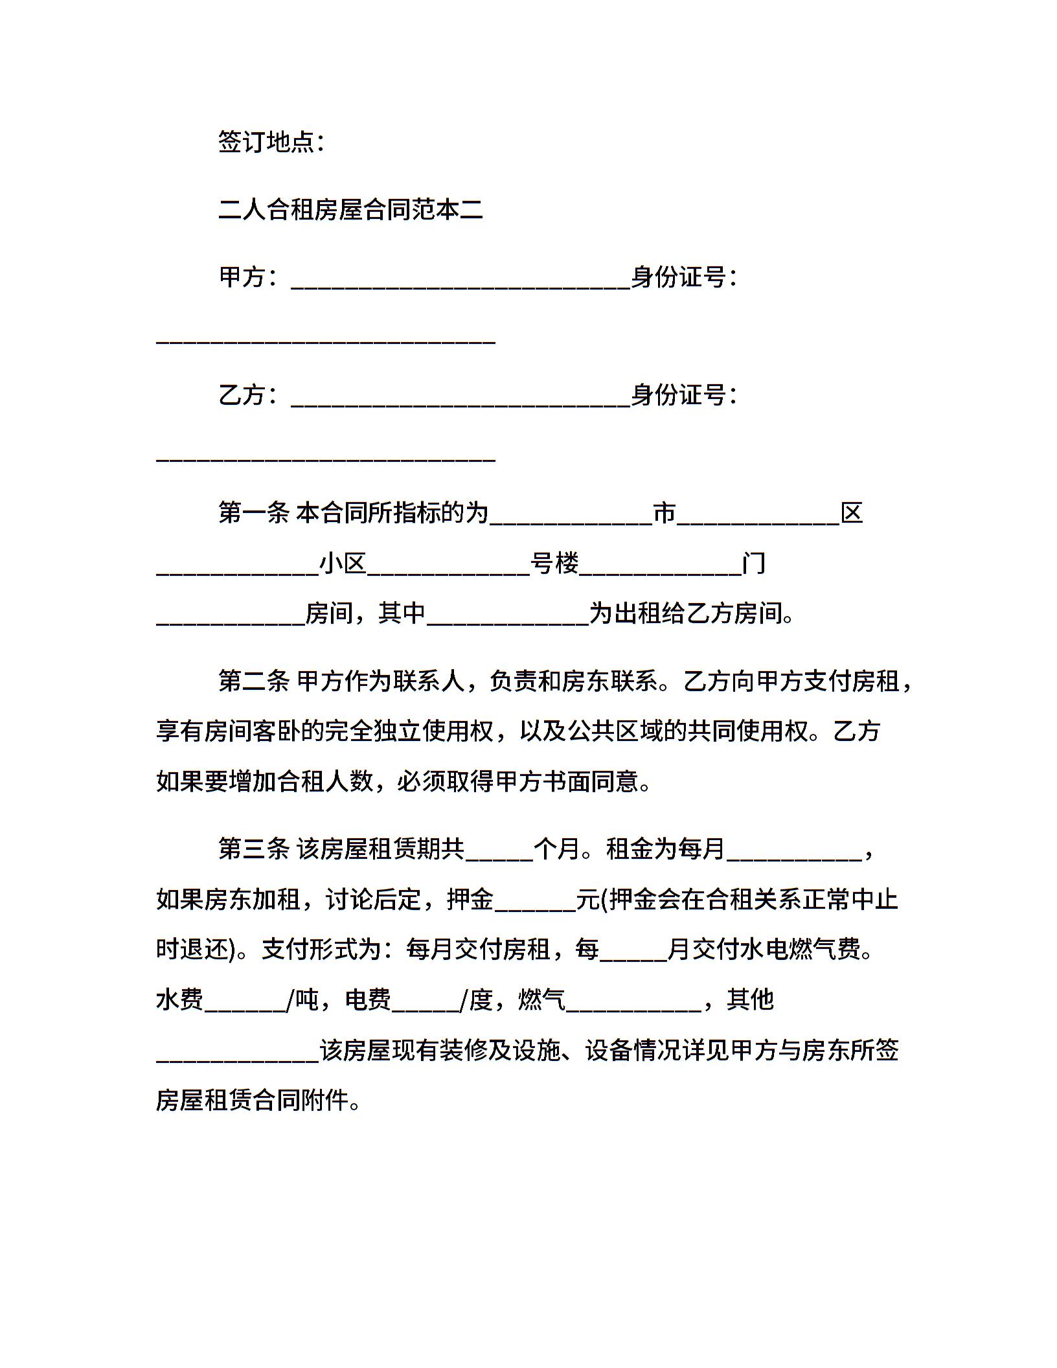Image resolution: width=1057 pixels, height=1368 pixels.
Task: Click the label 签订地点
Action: (x=266, y=142)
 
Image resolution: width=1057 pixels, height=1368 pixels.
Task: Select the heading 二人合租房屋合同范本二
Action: (x=350, y=210)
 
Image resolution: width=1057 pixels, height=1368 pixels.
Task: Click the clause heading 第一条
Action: (x=254, y=513)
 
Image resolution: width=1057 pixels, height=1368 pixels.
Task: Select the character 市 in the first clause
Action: (x=665, y=513)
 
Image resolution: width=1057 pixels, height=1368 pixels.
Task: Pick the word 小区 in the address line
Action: (x=343, y=564)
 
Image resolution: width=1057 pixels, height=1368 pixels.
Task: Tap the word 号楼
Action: (x=554, y=564)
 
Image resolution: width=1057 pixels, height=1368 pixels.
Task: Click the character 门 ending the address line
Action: (x=754, y=564)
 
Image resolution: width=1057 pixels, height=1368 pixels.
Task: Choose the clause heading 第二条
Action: (x=254, y=681)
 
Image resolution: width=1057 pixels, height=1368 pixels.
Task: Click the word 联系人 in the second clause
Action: (x=428, y=681)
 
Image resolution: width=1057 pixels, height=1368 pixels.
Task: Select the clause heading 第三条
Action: (x=254, y=849)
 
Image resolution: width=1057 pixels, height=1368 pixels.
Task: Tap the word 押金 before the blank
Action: (x=470, y=899)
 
